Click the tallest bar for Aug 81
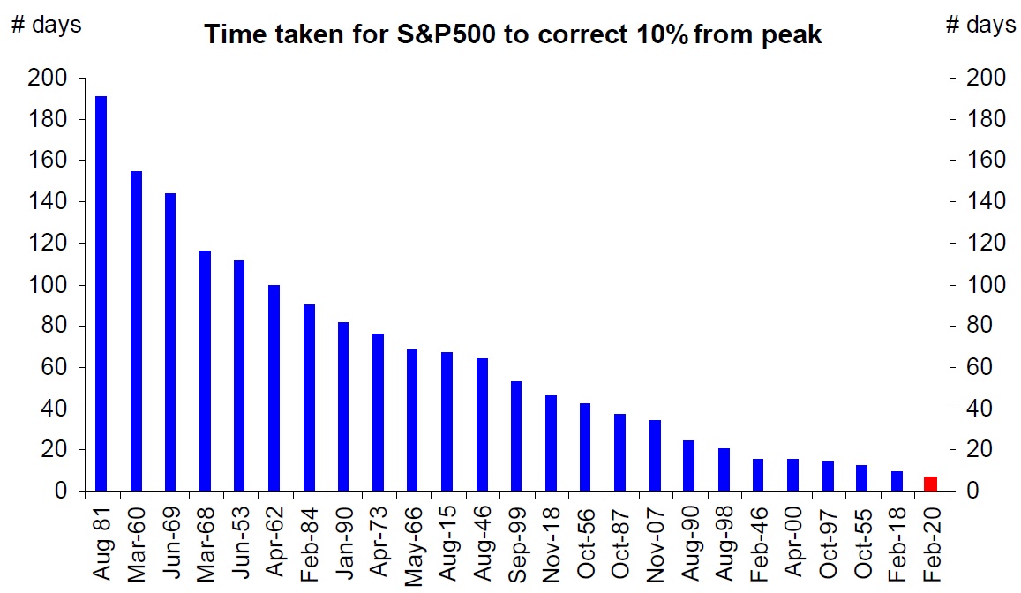tap(101, 293)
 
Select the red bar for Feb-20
tap(930, 484)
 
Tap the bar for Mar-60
tap(136, 331)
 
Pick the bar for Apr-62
tap(274, 388)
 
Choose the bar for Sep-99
tap(515, 436)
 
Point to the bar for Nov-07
tap(655, 455)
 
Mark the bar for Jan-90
tap(343, 406)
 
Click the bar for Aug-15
tap(447, 421)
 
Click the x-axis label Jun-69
tap(171, 542)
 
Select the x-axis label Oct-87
tap(619, 543)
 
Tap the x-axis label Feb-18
tap(897, 544)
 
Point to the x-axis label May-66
tap(413, 546)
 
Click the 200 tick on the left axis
tap(48, 79)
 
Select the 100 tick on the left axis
tap(48, 285)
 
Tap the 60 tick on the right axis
tap(980, 367)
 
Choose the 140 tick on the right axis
tap(986, 202)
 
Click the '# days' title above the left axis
tap(47, 25)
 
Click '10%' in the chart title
tap(662, 34)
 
